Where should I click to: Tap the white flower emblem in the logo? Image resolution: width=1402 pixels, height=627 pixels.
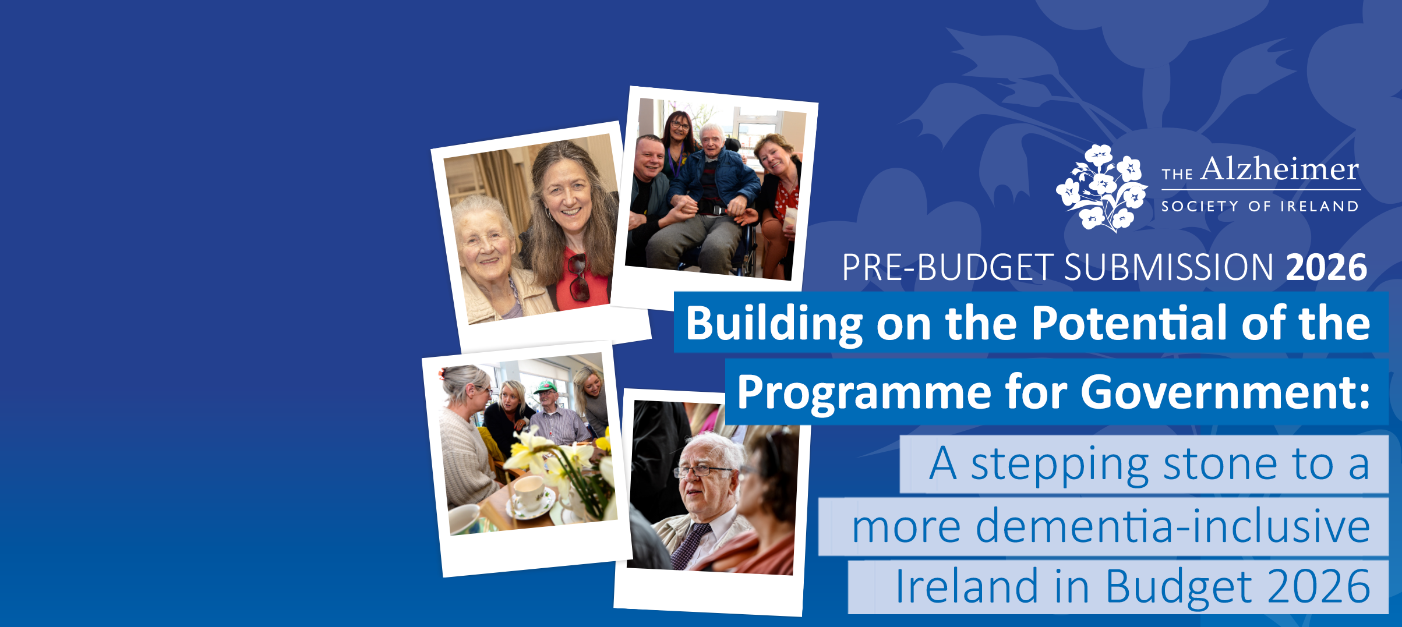click(1101, 187)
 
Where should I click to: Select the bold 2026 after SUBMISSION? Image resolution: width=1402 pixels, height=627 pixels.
click(1326, 267)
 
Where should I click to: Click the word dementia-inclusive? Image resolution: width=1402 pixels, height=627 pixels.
click(1173, 526)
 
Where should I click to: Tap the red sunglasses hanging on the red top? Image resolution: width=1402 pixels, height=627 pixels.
click(578, 277)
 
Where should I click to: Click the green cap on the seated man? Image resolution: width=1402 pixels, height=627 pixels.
click(545, 387)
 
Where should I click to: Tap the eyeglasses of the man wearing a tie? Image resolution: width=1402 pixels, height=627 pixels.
click(702, 470)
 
